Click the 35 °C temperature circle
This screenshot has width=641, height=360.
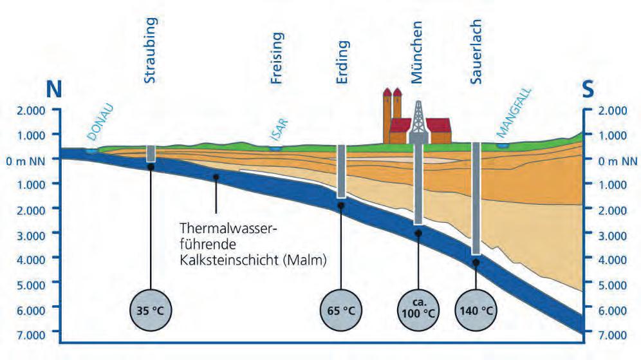coord(151,310)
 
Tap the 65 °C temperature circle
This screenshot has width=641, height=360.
coord(340,310)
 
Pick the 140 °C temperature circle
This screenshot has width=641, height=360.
coord(476,310)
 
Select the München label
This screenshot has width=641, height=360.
coord(417,52)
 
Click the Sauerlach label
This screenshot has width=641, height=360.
coord(476,52)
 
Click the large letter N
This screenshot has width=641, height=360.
coord(54,90)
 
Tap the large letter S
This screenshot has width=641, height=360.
coord(588,90)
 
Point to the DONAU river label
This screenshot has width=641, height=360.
coord(99,129)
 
